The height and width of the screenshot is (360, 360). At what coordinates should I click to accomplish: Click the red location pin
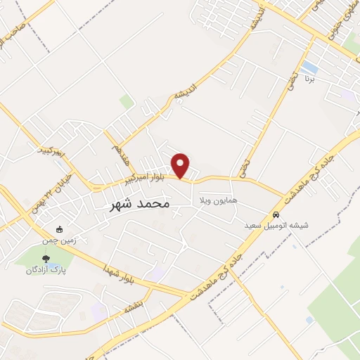[x=181, y=165]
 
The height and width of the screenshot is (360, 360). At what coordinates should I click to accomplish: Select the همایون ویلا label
[x=219, y=201]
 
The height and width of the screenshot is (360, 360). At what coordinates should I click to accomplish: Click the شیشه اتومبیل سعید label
[x=277, y=226]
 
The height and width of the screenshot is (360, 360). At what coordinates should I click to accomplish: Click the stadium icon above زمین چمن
[x=60, y=229]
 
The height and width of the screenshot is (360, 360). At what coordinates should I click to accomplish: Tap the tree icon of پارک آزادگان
[x=46, y=259]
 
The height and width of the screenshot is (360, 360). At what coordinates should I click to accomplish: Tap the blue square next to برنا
[x=309, y=67]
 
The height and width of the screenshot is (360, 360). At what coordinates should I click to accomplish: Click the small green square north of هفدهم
[x=127, y=103]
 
